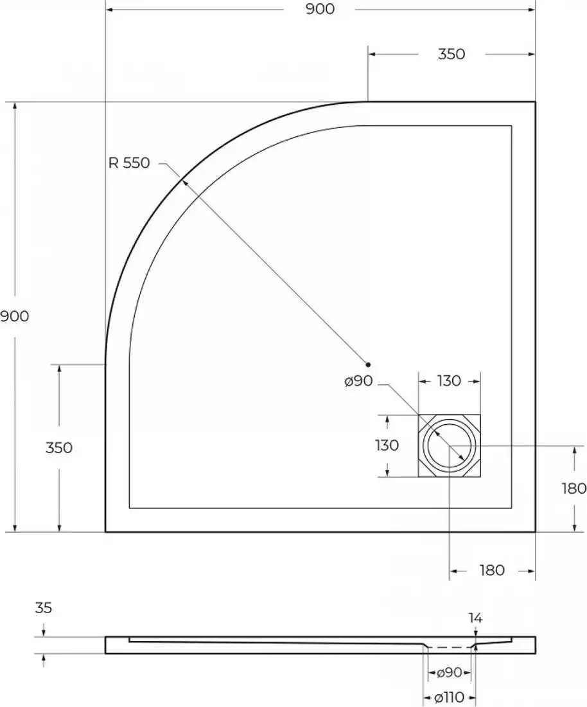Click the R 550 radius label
pos(129,163)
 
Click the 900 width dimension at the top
pos(320,9)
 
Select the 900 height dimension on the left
pos(14,316)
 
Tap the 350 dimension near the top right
pos(451,54)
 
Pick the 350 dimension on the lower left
pos(59,448)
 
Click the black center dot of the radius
pos(368,364)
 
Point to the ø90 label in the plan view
pos(358,381)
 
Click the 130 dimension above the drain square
pos(449,381)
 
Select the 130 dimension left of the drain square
pos(387,445)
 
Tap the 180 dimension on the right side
pos(574,488)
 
